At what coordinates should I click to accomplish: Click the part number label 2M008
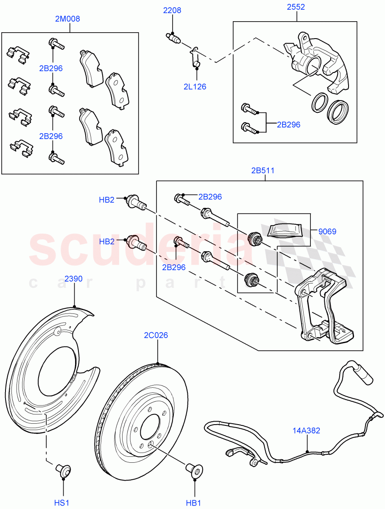[67, 19]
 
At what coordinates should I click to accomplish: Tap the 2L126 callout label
[195, 87]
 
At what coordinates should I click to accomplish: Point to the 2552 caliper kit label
[296, 7]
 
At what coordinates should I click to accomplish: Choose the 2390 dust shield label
[73, 279]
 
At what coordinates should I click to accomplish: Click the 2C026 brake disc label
[156, 335]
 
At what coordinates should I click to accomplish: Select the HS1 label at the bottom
[61, 503]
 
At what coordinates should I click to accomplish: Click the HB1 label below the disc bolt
[193, 503]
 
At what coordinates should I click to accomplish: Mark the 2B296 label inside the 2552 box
[288, 125]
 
